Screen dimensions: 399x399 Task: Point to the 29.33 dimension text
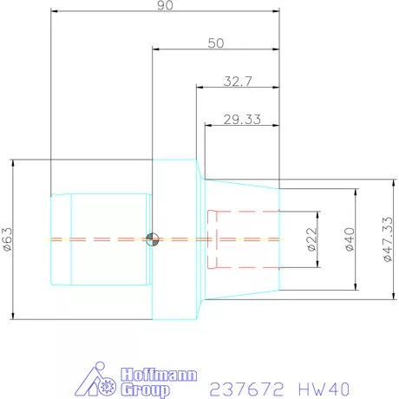(x=242, y=120)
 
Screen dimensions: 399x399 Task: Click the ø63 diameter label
(x=8, y=239)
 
